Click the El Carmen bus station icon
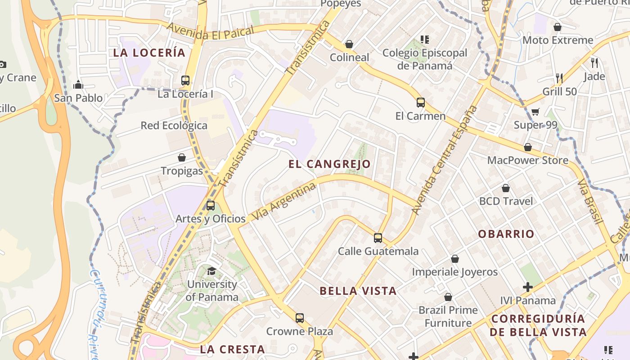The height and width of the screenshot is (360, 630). [421, 103]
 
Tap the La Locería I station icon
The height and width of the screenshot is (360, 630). [185, 81]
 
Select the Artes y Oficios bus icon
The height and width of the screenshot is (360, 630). [211, 206]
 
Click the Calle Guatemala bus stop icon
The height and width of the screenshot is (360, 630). [378, 238]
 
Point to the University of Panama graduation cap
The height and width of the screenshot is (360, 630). [211, 271]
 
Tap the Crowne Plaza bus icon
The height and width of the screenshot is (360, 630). [300, 318]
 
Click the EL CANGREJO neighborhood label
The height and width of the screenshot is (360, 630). [329, 164]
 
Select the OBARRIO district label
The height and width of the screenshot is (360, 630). [506, 234]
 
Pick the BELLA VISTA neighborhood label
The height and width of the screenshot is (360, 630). [358, 291]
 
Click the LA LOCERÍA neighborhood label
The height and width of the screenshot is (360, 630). [149, 53]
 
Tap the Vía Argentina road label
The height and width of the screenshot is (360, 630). [283, 202]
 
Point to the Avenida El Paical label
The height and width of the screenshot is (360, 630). [211, 32]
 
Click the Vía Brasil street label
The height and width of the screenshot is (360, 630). [590, 201]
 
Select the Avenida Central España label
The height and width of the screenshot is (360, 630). [444, 160]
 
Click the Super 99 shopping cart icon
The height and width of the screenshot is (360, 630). [535, 112]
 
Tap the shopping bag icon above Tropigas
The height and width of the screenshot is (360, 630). [182, 157]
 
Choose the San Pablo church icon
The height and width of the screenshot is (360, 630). [79, 85]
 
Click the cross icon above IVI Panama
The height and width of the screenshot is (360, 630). [528, 287]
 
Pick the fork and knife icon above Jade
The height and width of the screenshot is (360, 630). [594, 63]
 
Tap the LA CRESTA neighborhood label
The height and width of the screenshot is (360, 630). [232, 349]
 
